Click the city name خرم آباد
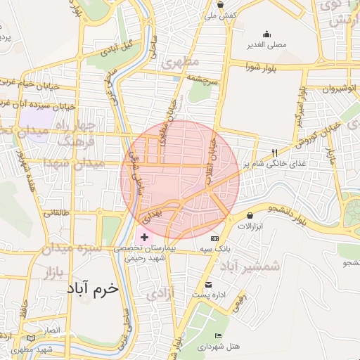tap(94, 288)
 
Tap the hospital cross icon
tap(145, 238)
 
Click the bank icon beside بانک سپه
tap(214, 238)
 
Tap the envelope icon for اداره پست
tap(207, 284)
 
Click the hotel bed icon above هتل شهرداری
tap(219, 336)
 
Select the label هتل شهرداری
tap(219, 347)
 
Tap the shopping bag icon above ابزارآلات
tap(250, 215)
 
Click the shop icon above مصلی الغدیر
tap(266, 34)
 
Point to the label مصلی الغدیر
tap(266, 45)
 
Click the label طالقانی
tap(58, 212)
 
